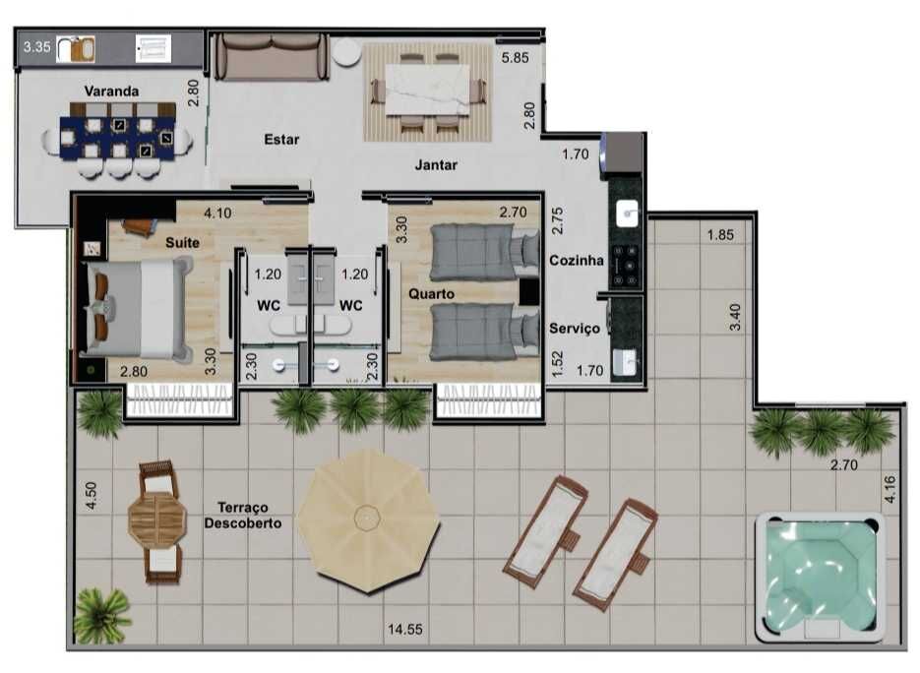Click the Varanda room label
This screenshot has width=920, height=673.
[x=111, y=91]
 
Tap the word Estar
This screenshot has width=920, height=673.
[x=281, y=140]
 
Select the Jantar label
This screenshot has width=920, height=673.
[x=436, y=165]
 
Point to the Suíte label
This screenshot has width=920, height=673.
[x=182, y=242]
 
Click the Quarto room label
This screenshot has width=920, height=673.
[x=431, y=294]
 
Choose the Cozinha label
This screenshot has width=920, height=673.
[x=577, y=261]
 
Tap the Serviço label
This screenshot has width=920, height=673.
[x=575, y=329]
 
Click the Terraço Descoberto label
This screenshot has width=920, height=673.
[x=243, y=516]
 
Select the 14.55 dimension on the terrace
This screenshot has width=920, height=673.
[x=404, y=629]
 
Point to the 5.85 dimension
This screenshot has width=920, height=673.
[x=516, y=57]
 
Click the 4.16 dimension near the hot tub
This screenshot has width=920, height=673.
[x=890, y=489]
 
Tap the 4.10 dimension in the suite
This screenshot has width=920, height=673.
[x=217, y=213]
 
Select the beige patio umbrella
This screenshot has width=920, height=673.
[x=368, y=520]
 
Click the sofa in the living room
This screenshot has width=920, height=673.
[x=272, y=57]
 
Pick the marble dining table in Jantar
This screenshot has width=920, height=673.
[x=428, y=90]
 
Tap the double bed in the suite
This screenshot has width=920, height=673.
[x=137, y=309]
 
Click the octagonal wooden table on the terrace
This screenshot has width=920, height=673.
[x=156, y=520]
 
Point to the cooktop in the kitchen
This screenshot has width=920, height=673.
[x=626, y=266]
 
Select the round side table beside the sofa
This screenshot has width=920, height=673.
[x=346, y=53]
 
